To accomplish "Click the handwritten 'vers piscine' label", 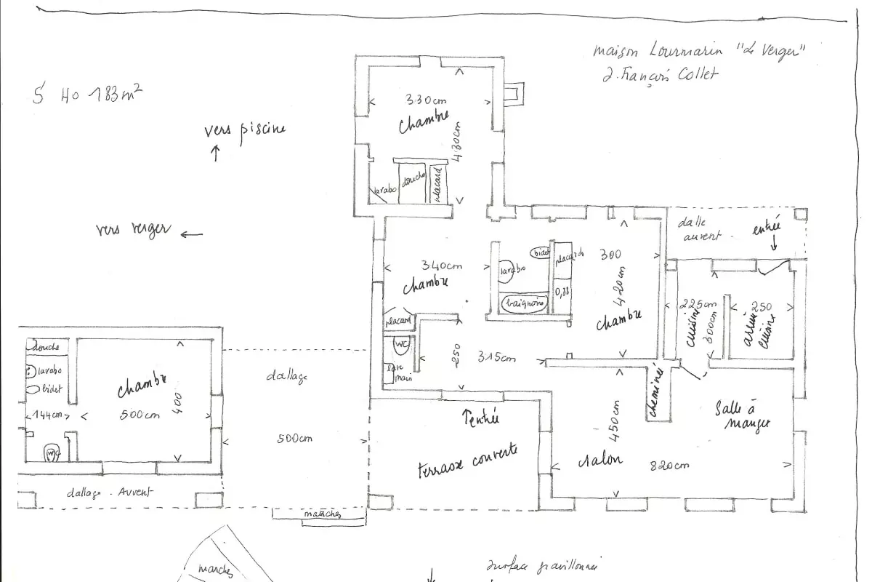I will point(245,129).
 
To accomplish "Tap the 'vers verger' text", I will point(133,230).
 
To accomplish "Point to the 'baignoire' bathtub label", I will point(522,303).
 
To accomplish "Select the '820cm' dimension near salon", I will point(669,465).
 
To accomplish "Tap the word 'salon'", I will point(600,460).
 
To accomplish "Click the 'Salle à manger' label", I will point(742,415).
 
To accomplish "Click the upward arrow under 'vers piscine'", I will point(216,153).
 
